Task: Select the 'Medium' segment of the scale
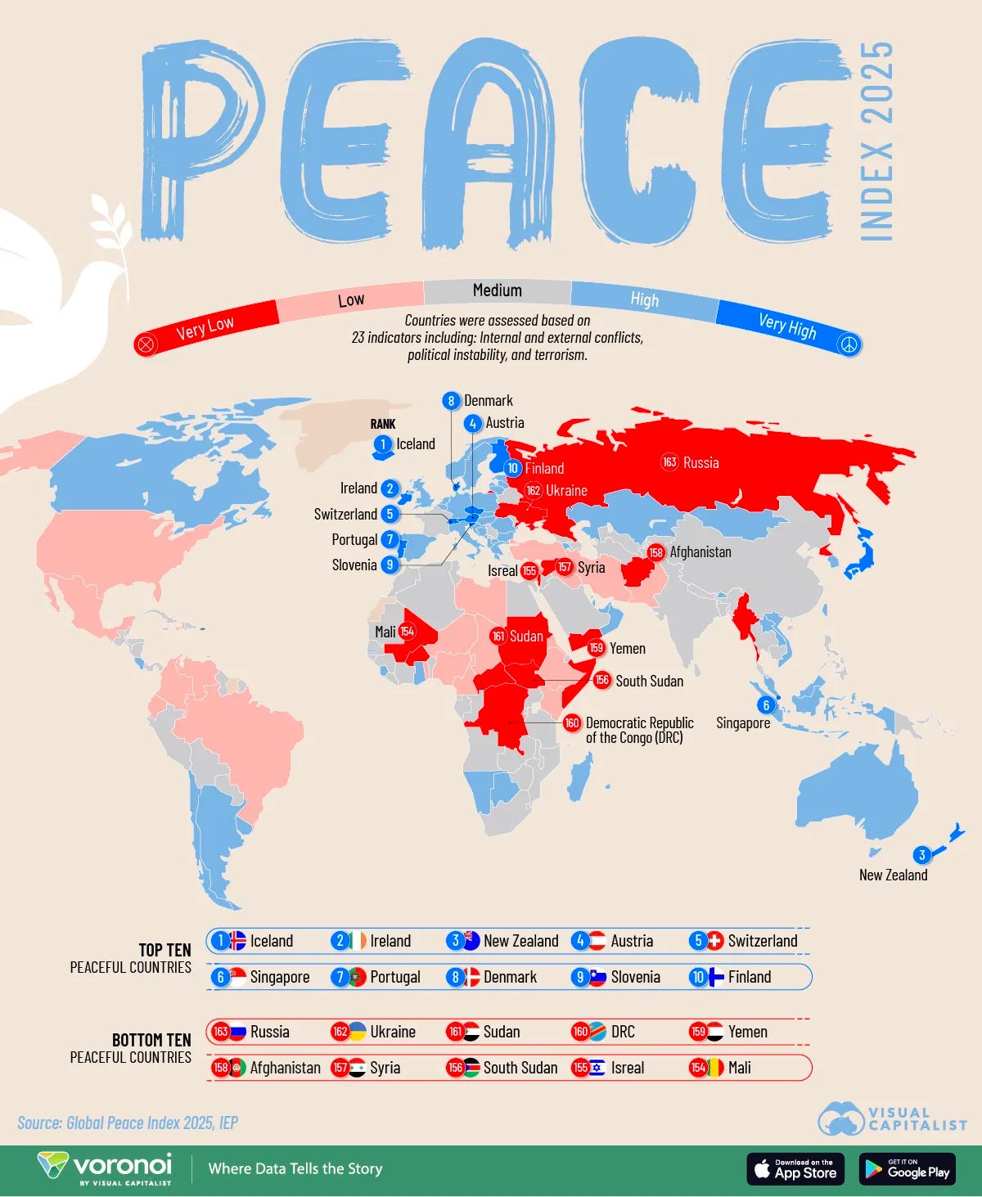pyautogui.click(x=497, y=290)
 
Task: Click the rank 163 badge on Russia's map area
pyautogui.click(x=669, y=462)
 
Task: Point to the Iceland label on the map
pyautogui.click(x=416, y=444)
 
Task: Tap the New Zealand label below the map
pyautogui.click(x=893, y=875)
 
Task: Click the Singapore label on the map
pyautogui.click(x=743, y=723)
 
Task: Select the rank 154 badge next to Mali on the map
pyautogui.click(x=407, y=632)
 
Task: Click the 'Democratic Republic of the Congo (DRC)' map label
pyautogui.click(x=639, y=730)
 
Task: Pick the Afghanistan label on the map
pyautogui.click(x=700, y=552)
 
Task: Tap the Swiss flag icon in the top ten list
pyautogui.click(x=715, y=941)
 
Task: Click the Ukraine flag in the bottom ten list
pyautogui.click(x=358, y=1032)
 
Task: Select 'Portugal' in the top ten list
pyautogui.click(x=395, y=977)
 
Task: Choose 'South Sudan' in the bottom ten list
pyautogui.click(x=520, y=1068)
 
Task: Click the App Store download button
pyautogui.click(x=795, y=1169)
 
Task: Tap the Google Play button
pyautogui.click(x=907, y=1169)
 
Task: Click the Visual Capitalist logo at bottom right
pyautogui.click(x=892, y=1119)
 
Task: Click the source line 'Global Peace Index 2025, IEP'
pyautogui.click(x=128, y=1123)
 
